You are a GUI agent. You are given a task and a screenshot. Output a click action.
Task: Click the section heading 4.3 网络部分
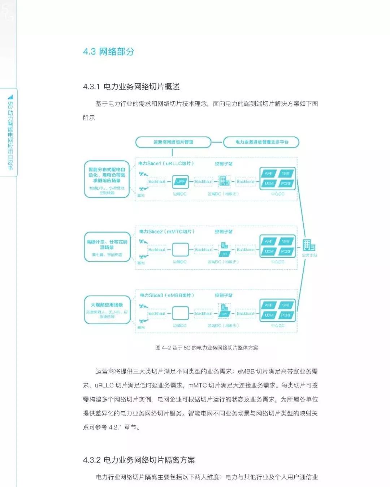(x=108, y=52)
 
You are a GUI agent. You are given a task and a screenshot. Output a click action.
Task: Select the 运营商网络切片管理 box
(x=173, y=142)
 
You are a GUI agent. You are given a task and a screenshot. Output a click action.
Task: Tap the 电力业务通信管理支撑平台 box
(x=261, y=142)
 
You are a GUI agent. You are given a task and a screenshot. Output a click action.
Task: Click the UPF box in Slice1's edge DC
(x=180, y=182)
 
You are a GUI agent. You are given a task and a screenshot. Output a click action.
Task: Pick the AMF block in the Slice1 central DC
(x=269, y=174)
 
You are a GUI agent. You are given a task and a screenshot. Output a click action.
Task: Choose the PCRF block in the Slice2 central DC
(x=286, y=251)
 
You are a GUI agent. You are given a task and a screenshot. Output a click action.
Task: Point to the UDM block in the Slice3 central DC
(x=269, y=315)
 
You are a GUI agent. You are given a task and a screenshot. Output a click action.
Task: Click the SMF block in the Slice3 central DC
(x=286, y=305)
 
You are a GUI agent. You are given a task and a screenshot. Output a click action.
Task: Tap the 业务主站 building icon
(x=309, y=245)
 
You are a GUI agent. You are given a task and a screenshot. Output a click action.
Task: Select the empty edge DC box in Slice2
(x=180, y=249)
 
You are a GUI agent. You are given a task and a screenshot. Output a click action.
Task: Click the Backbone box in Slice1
(x=246, y=182)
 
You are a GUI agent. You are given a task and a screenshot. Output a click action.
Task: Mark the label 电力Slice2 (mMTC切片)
(x=167, y=231)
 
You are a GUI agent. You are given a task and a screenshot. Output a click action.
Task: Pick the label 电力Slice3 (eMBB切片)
(x=167, y=295)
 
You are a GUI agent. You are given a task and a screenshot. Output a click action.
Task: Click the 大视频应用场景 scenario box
(x=107, y=310)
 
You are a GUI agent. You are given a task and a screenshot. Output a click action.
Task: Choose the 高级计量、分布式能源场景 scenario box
(x=107, y=247)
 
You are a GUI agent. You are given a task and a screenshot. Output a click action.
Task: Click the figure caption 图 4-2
(x=207, y=348)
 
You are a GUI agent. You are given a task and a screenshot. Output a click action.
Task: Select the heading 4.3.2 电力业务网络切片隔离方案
(x=139, y=460)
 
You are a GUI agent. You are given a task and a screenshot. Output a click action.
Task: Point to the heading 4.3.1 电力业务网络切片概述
(x=131, y=87)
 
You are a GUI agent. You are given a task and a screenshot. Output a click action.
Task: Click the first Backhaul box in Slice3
(x=157, y=313)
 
